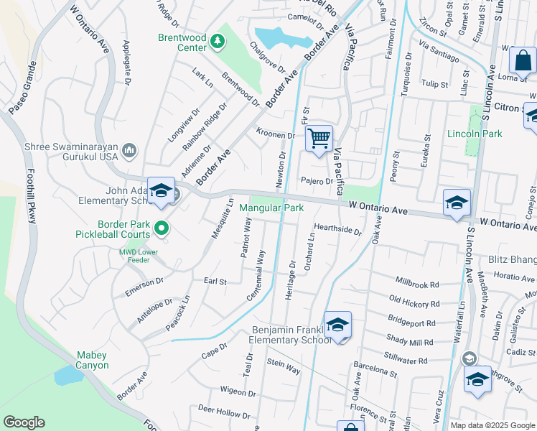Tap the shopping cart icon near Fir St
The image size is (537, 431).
(319, 137)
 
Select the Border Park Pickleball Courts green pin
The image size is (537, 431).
(162, 228)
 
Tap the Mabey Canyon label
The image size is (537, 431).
(93, 360)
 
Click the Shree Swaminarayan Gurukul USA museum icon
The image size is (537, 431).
(129, 149)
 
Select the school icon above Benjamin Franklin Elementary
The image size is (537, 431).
(337, 325)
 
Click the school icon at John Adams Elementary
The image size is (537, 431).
(161, 190)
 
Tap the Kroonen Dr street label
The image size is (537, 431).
(276, 134)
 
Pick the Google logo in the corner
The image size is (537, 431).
(24, 422)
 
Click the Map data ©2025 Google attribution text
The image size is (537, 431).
(492, 425)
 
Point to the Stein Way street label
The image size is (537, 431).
(284, 367)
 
